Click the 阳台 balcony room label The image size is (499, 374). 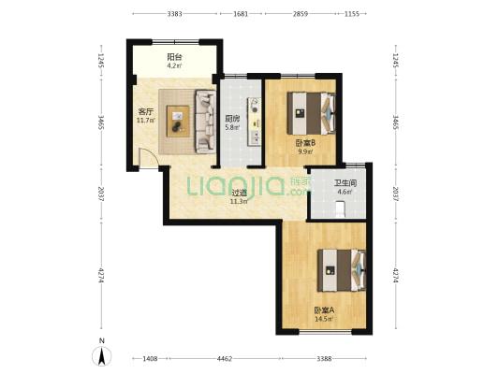175,57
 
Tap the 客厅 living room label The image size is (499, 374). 146,112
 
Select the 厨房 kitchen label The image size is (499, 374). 232,119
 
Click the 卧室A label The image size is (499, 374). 324,310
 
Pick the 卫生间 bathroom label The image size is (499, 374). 345,183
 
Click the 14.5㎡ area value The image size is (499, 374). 324,319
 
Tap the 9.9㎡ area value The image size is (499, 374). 305,151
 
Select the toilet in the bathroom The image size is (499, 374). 340,209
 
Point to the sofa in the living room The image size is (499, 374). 205,122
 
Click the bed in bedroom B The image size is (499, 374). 311,113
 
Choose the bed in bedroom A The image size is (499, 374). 342,270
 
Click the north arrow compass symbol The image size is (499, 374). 102,356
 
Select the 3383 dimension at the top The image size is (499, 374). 175,14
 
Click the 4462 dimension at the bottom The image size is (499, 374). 225,359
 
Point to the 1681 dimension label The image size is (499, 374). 241,14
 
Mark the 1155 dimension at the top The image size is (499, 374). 352,14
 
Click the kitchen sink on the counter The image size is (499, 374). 255,137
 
